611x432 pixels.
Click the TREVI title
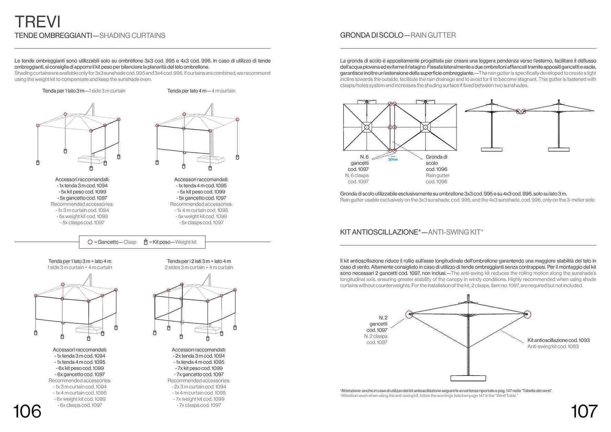point(38,22)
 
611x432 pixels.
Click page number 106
point(27,411)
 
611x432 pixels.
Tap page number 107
point(584,411)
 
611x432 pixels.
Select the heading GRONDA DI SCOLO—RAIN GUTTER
point(398,35)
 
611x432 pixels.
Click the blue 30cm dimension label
point(393,159)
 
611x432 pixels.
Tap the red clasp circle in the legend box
point(90,242)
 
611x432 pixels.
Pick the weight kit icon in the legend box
point(145,242)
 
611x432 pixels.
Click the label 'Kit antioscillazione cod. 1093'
point(558,340)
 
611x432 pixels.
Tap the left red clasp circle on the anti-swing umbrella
point(409,315)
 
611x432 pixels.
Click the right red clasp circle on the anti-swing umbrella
point(527,314)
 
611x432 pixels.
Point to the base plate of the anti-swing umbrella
point(468,378)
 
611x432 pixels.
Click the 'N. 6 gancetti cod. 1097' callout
point(358,163)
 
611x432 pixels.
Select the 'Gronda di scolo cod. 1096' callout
point(437,163)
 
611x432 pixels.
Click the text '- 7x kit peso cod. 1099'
point(199,368)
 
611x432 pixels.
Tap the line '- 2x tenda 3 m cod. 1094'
point(199,356)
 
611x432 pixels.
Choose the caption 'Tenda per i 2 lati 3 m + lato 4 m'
point(199,261)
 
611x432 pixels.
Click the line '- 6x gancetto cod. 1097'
point(80,374)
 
